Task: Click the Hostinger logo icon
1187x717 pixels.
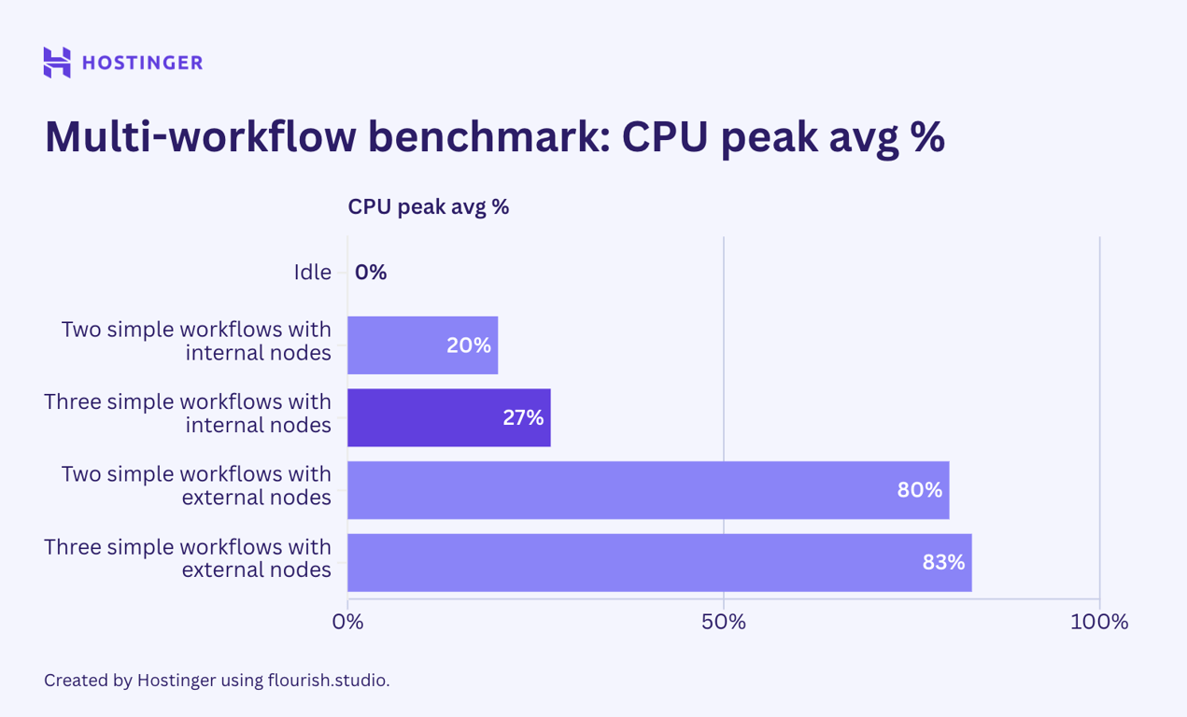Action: coord(57,63)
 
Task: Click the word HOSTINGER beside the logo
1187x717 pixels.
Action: coord(142,63)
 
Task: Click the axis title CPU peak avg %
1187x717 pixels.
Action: coord(428,206)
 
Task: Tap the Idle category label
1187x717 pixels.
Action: coord(312,273)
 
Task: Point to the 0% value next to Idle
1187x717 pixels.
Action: coord(371,273)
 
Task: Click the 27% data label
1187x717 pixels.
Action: coord(523,417)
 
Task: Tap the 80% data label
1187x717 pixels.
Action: coord(919,490)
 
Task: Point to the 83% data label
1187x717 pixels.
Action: coord(943,562)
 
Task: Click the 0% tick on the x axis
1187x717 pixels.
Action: coord(347,622)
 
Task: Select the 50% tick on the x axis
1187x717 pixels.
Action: coord(724,622)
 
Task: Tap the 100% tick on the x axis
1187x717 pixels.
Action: coord(1099,622)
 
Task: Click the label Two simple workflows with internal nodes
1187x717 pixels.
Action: coord(196,341)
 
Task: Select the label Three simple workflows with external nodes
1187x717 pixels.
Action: coord(188,557)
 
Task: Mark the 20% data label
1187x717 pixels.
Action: coord(468,345)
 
